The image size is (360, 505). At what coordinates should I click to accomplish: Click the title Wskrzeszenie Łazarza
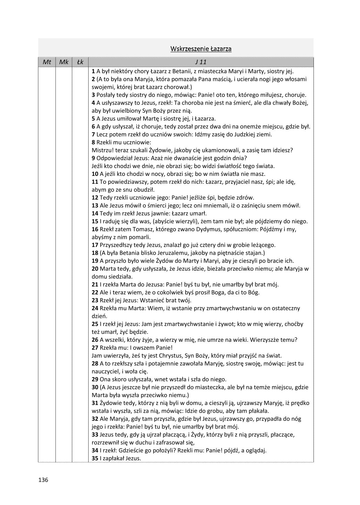point(201,49)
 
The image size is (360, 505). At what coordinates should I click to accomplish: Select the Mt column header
point(47,62)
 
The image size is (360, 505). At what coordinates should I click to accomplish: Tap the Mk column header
point(64,62)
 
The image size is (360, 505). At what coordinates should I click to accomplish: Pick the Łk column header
point(80,62)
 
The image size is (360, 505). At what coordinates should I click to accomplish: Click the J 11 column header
point(201,62)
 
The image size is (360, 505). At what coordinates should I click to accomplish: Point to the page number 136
point(43,480)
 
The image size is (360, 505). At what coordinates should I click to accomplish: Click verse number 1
point(93,71)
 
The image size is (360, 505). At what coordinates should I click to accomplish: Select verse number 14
point(95,214)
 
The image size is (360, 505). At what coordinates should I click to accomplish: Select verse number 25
point(95,324)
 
